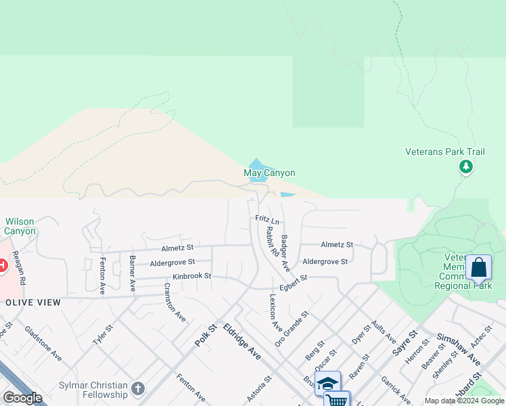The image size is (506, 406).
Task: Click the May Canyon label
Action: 269,173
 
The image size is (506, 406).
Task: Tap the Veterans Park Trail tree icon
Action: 465,166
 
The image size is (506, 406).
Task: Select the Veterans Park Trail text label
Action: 445,152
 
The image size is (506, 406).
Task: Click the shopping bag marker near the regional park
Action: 478,268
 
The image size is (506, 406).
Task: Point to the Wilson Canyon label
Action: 20,226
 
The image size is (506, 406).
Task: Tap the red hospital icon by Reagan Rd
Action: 2,265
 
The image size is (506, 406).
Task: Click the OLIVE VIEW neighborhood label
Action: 33,302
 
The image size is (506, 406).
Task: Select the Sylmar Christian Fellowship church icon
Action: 138,388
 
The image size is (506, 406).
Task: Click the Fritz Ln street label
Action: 267,219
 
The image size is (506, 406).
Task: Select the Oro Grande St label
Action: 292,329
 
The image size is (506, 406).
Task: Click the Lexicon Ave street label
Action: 275,312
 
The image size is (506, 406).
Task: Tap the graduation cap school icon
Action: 327,383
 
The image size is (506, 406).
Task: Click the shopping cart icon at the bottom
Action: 336,400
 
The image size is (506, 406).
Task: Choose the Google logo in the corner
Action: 22,398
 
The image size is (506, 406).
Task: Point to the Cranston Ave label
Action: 175,301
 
